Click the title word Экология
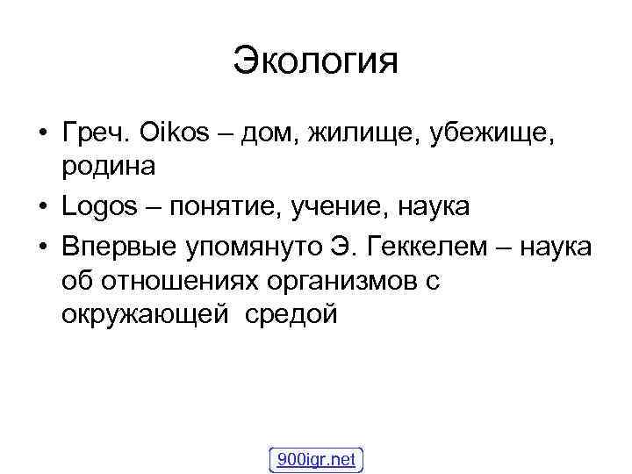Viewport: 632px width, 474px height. (316, 61)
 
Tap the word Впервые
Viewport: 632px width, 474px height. (119, 249)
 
